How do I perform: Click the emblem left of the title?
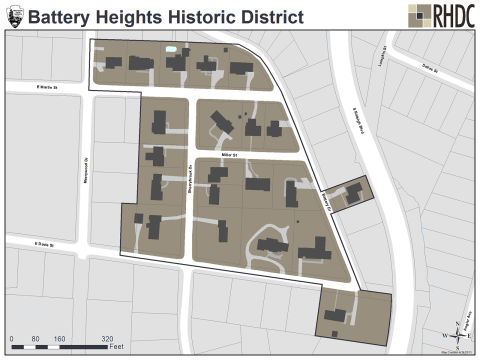pyautogui.click(x=13, y=16)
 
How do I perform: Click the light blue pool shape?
pyautogui.click(x=171, y=48)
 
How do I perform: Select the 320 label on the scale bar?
pyautogui.click(x=107, y=338)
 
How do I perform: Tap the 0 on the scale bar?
pyautogui.click(x=11, y=338)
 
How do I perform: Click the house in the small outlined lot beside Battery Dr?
pyautogui.click(x=353, y=191)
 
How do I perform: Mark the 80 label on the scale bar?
pyautogui.click(x=35, y=338)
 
